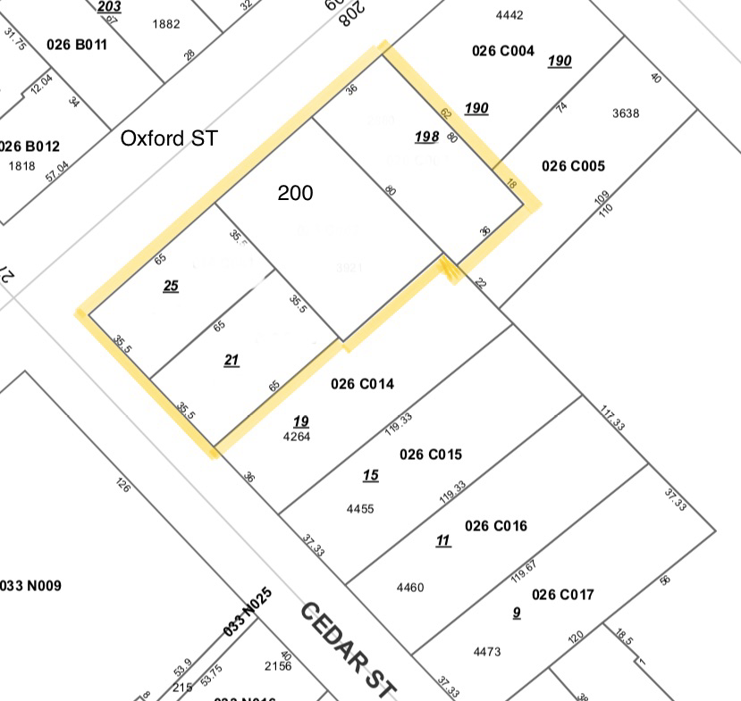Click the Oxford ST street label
[x=169, y=138]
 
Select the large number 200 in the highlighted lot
[x=295, y=193]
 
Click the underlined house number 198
[x=426, y=137]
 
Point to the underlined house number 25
[x=171, y=286]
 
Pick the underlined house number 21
[x=232, y=360]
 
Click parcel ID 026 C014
[x=362, y=384]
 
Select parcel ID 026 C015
[x=431, y=455]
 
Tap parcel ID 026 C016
[x=496, y=526]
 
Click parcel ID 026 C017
[x=563, y=595]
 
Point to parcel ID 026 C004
[x=503, y=51]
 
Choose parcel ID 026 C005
[x=573, y=166]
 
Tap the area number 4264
[x=296, y=438]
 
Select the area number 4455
[x=359, y=509]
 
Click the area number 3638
[x=626, y=113]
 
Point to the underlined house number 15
[x=370, y=476]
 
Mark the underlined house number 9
[x=517, y=613]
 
